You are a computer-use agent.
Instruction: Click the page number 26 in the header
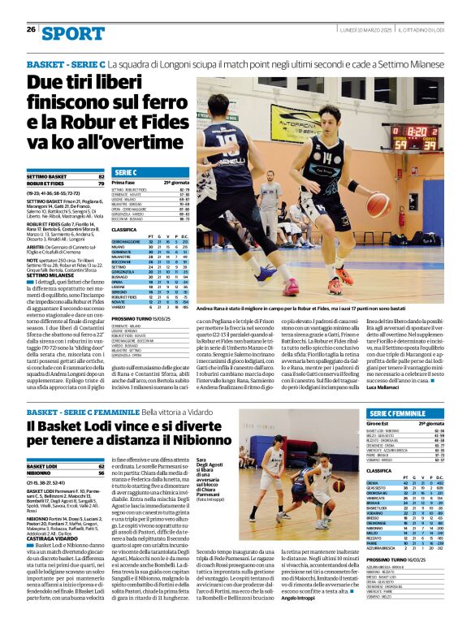click(x=31, y=30)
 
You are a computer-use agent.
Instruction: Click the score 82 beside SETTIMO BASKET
click(x=102, y=176)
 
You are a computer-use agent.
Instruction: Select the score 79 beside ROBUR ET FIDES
click(x=102, y=184)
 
